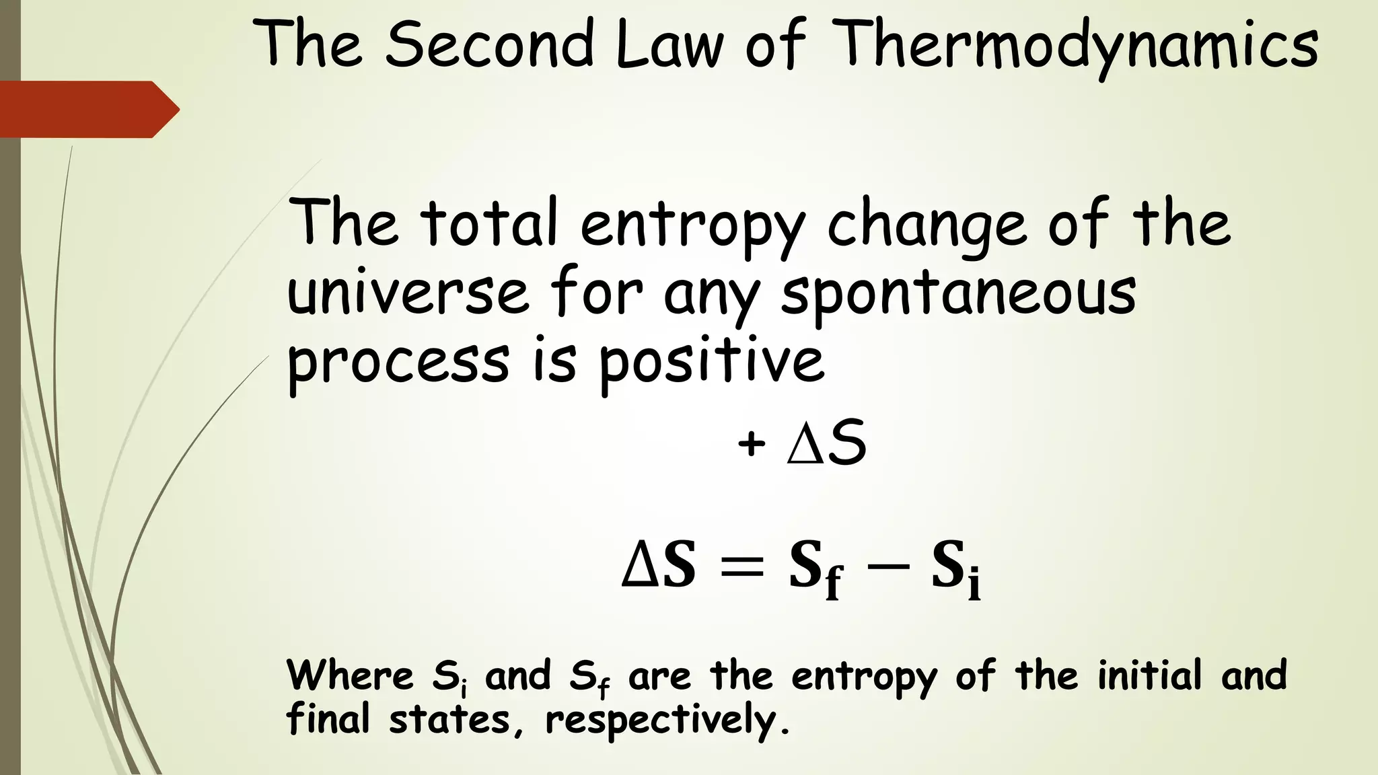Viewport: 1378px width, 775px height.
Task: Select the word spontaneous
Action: pos(958,295)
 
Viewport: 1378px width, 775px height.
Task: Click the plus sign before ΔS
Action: pos(751,444)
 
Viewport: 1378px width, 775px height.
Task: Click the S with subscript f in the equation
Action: pos(815,568)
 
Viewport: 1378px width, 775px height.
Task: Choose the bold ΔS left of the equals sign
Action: pos(659,566)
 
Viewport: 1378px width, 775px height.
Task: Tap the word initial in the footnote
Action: pos(1149,675)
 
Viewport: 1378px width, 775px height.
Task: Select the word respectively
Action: pos(667,720)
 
